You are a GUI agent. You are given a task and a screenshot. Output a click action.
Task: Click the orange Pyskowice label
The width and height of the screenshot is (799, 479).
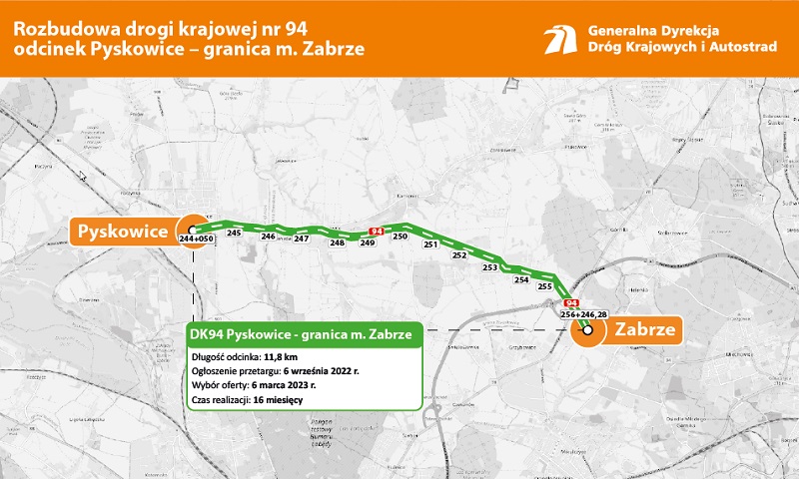tap(123, 232)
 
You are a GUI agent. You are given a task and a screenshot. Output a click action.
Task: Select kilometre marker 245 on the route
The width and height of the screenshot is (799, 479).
tap(235, 233)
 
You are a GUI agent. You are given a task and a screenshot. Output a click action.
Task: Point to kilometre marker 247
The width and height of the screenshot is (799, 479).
tap(301, 239)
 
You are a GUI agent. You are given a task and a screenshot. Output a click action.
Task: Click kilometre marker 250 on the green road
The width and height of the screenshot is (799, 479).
tap(399, 237)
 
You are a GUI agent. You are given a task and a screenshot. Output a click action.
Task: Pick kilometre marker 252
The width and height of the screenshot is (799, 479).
tap(459, 255)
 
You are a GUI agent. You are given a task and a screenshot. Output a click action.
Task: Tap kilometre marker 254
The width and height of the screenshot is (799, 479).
tap(520, 280)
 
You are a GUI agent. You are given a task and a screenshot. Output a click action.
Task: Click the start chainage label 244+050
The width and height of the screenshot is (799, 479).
tap(197, 240)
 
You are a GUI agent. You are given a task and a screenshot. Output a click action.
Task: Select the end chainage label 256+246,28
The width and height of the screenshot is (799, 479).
tap(584, 315)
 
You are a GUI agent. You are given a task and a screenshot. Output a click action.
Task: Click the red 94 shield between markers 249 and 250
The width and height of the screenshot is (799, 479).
tap(376, 232)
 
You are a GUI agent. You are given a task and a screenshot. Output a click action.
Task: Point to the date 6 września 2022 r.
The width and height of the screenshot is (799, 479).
tap(321, 371)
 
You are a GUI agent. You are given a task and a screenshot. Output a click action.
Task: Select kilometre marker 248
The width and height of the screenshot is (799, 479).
tap(337, 242)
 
